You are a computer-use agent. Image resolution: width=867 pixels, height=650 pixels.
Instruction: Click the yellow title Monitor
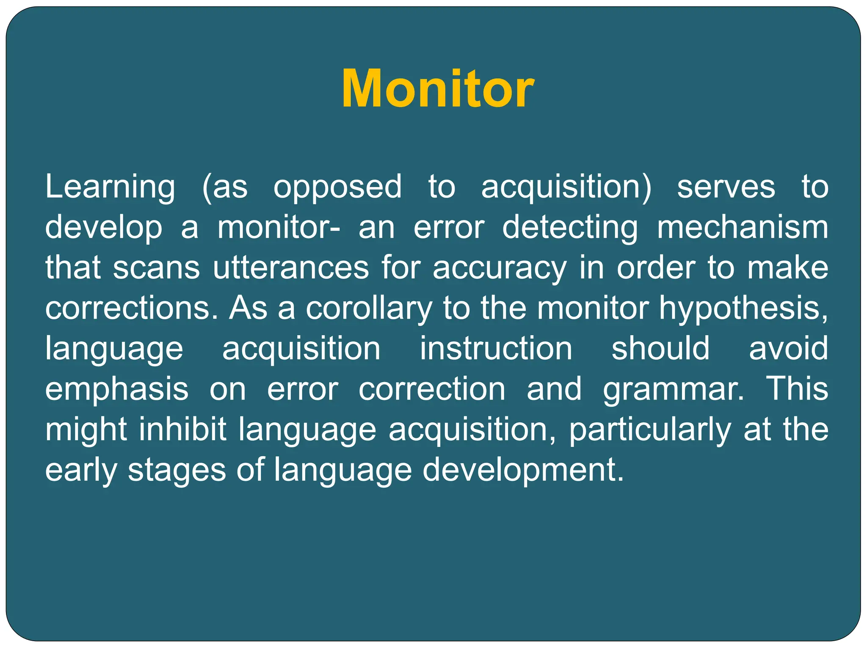[438, 89]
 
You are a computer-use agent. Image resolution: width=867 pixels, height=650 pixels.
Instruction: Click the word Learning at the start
[110, 187]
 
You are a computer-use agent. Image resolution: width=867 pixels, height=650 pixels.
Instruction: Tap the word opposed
[337, 187]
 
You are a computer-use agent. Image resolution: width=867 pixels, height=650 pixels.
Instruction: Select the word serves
[726, 187]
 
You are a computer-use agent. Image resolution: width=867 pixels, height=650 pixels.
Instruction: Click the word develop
[104, 228]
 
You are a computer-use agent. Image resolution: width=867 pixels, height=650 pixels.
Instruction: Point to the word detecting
[570, 228]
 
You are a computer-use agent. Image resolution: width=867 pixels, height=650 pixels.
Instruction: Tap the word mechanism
[743, 228]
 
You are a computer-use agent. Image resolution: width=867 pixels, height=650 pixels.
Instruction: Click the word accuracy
[500, 268]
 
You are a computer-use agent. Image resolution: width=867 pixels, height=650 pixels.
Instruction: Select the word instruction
[496, 349]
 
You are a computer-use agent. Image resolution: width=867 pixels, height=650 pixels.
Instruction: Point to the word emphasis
[117, 389]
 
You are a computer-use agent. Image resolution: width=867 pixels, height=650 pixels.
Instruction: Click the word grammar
[673, 389]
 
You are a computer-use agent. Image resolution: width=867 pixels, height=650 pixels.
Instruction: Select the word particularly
[650, 430]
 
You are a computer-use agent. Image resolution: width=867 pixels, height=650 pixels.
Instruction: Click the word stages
[177, 470]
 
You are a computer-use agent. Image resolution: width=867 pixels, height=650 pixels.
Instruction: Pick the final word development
[523, 470]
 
